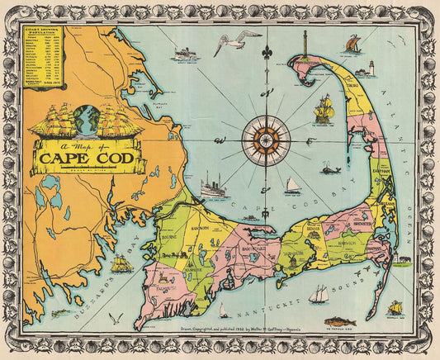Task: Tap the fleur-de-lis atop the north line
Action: pos(265,53)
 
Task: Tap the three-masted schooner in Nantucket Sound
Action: pos(319,293)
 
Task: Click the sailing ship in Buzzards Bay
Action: pos(121,264)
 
